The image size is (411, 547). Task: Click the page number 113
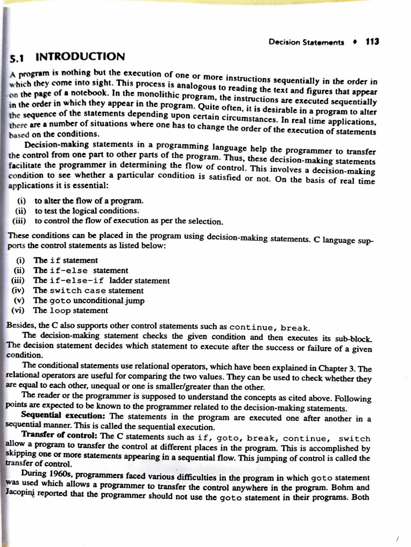click(372, 41)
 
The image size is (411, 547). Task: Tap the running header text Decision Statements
click(306, 42)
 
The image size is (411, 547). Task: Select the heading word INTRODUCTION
click(80, 56)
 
